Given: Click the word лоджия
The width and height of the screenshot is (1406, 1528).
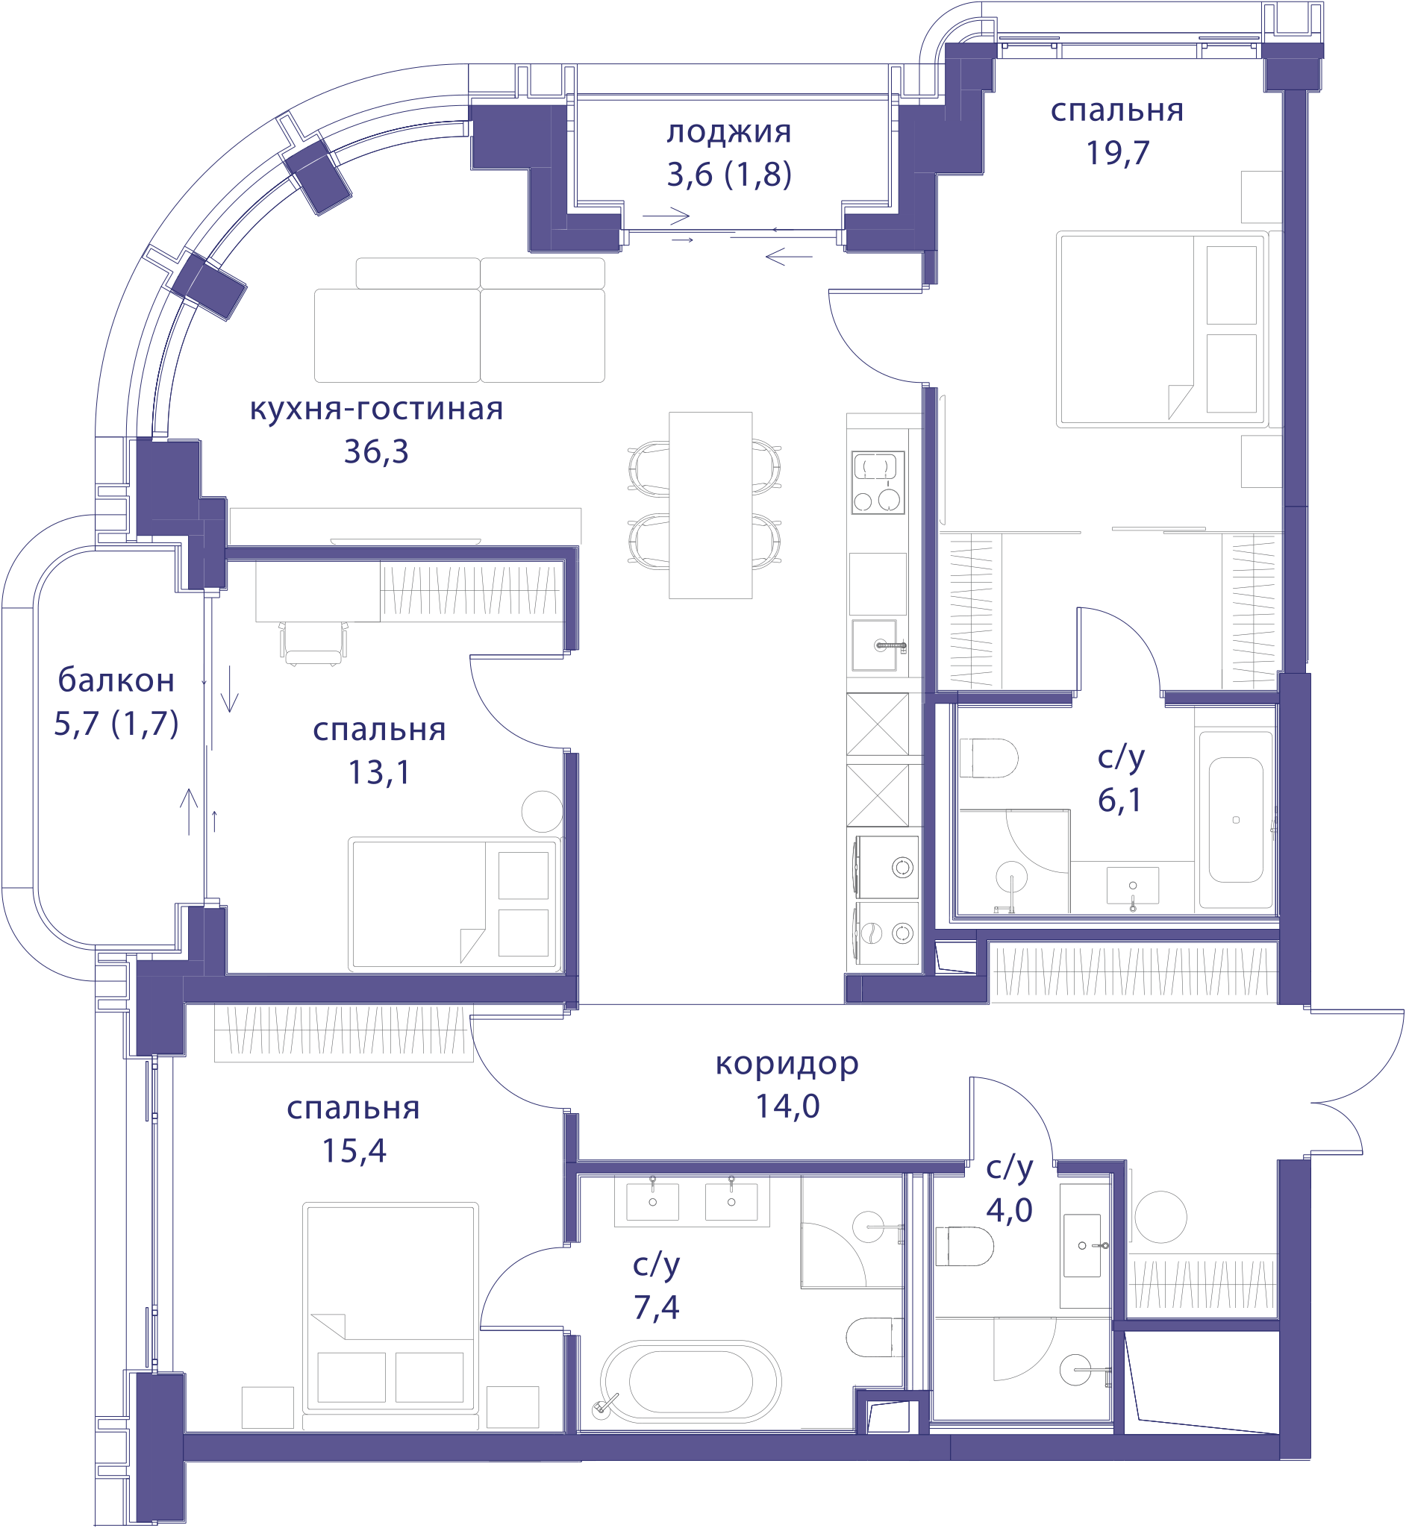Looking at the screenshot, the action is click(729, 133).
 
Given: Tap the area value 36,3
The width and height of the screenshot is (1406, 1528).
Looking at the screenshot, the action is click(376, 452).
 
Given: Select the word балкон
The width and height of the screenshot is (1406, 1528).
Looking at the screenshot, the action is click(116, 680).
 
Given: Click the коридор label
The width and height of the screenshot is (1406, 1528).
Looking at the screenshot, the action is click(787, 1065).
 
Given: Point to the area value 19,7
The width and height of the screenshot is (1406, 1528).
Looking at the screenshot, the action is click(1117, 154).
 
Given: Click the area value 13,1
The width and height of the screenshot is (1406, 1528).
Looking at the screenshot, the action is click(379, 773).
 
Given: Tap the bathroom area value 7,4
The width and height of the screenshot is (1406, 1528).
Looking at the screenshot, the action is click(656, 1307).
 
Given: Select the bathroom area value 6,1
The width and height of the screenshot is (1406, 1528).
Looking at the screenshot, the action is click(1119, 800).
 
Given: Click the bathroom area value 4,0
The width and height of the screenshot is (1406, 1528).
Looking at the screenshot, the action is click(1009, 1210).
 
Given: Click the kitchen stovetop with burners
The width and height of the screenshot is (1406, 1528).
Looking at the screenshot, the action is click(877, 482).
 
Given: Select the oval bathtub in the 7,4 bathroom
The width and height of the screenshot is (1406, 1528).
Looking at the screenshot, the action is click(690, 1382).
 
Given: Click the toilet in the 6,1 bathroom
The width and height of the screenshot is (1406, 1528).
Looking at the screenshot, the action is click(988, 757).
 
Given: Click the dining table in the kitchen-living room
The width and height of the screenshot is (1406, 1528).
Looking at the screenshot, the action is click(710, 505).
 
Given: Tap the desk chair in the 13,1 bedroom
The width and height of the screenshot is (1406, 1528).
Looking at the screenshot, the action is click(313, 643).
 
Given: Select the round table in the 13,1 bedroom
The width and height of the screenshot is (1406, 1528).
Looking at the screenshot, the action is click(542, 812).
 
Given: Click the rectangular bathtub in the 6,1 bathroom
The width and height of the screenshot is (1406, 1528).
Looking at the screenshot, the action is click(1236, 819).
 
